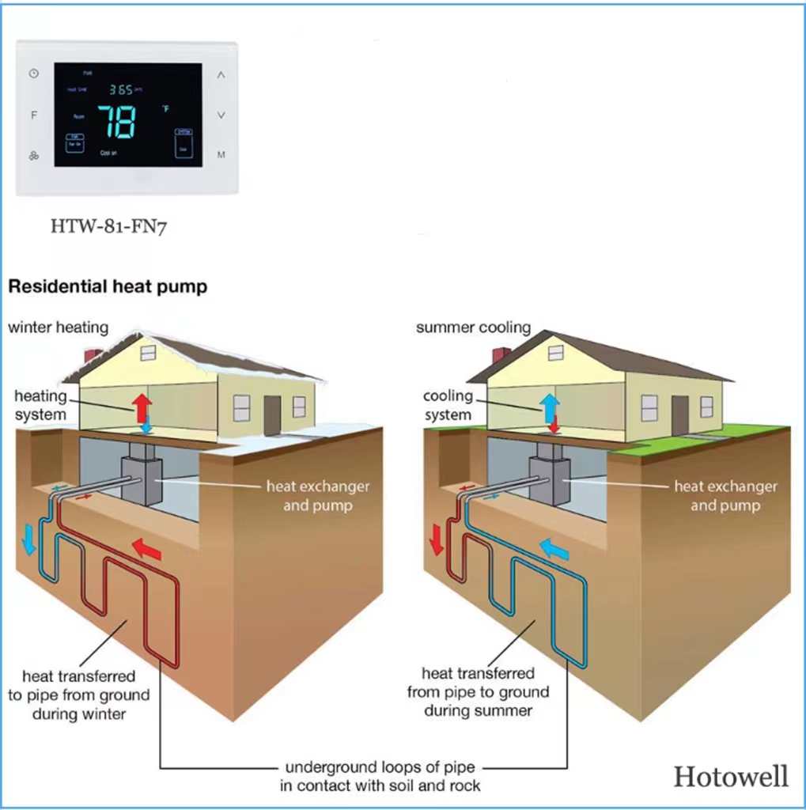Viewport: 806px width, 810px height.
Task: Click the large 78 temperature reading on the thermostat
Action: (116, 122)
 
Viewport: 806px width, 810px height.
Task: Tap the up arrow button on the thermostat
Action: (221, 76)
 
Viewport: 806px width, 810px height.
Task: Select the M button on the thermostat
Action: (221, 154)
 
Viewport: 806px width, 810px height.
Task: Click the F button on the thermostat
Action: (34, 115)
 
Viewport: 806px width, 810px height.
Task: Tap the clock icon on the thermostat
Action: (34, 74)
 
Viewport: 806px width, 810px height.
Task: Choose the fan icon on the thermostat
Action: (34, 155)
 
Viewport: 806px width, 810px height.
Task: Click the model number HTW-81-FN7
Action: (109, 227)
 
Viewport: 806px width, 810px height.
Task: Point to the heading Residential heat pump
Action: (108, 286)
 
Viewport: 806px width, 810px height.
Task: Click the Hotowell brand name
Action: (731, 776)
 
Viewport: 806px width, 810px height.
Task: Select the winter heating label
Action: (59, 327)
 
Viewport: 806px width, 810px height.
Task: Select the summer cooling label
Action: (473, 327)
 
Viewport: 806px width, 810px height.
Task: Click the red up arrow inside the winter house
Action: (142, 407)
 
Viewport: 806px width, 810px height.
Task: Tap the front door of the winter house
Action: (272, 414)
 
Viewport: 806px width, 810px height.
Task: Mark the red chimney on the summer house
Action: (500, 354)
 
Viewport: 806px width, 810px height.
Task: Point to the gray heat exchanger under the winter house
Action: (142, 479)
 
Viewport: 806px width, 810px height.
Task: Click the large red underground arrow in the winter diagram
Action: (146, 547)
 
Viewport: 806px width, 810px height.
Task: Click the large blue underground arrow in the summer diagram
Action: (554, 548)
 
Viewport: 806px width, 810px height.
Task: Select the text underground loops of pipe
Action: (380, 767)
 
